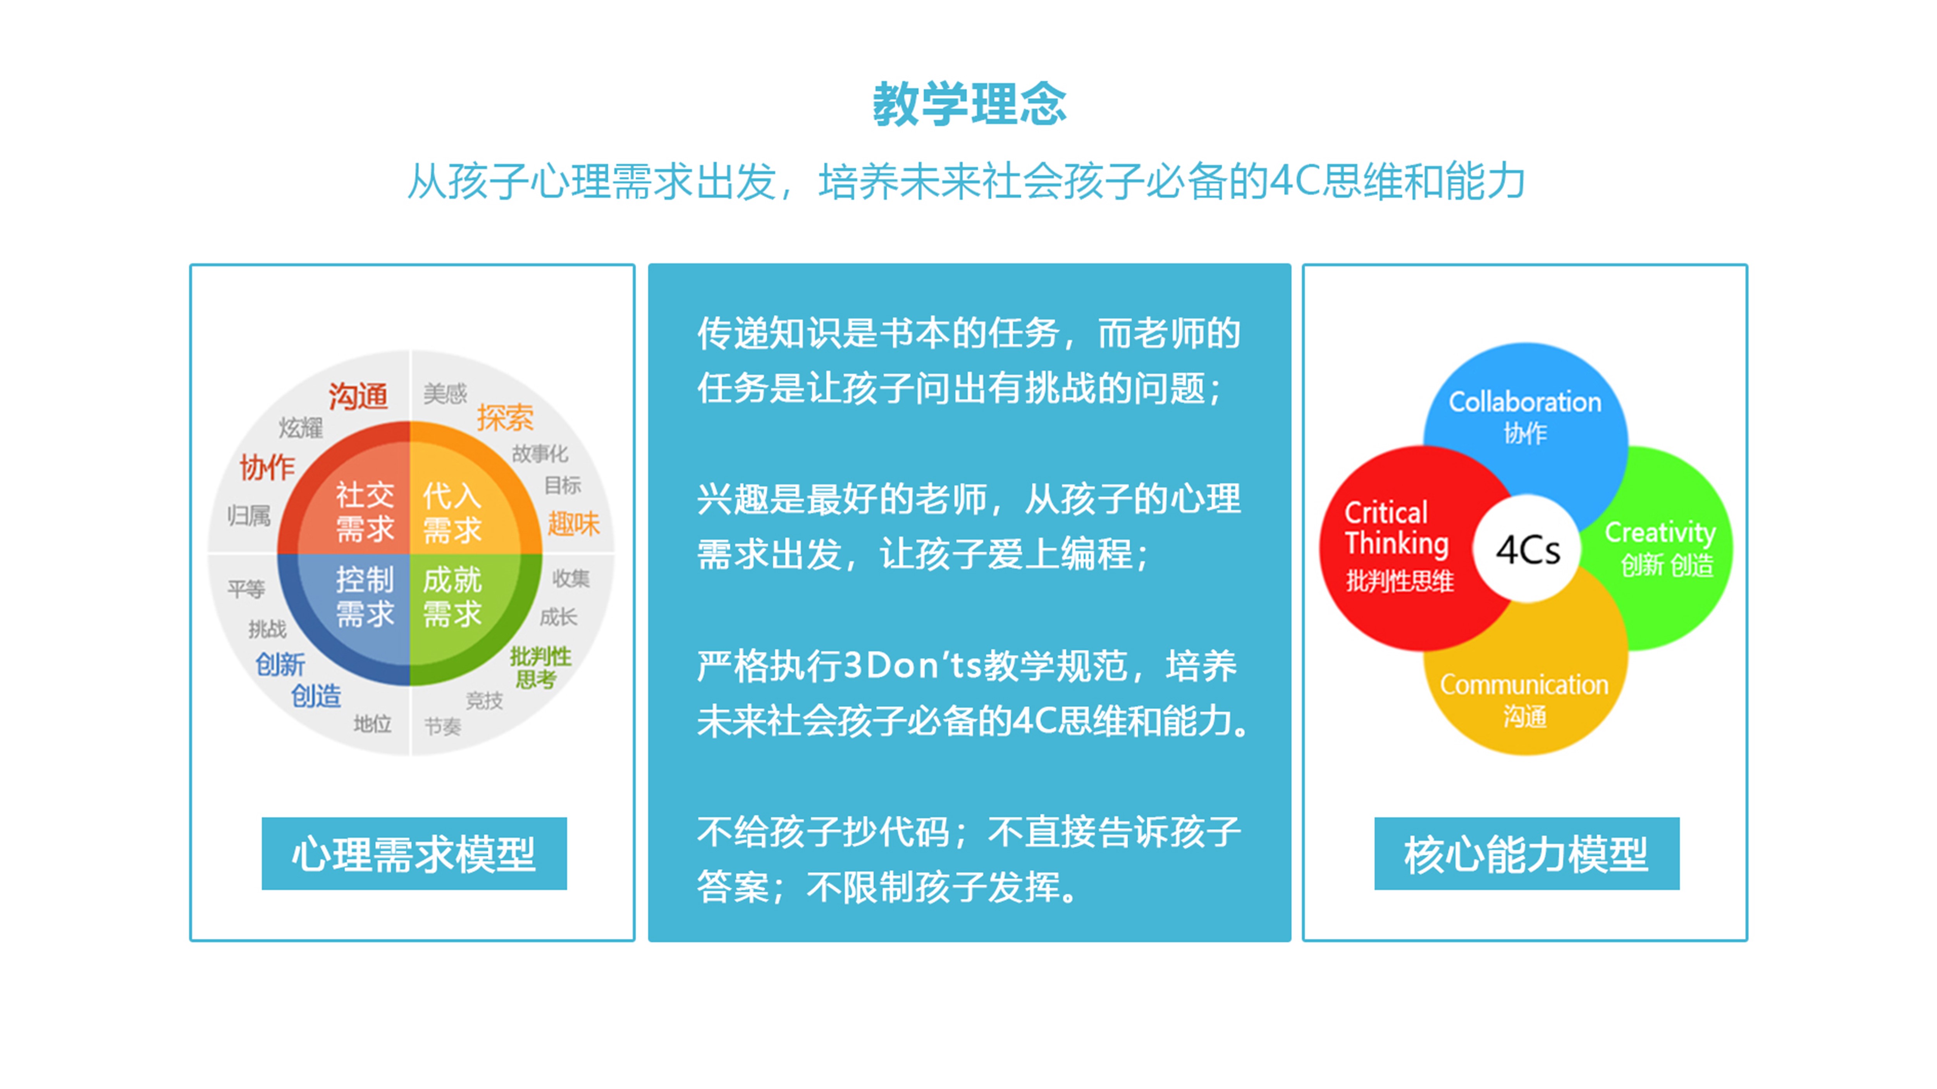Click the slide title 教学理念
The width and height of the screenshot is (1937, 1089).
(x=968, y=105)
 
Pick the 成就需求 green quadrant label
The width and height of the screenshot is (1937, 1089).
(x=452, y=597)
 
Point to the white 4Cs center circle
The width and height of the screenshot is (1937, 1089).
(x=1526, y=550)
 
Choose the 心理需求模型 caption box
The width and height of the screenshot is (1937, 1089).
(x=414, y=854)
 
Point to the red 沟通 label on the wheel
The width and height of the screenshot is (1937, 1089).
(x=358, y=396)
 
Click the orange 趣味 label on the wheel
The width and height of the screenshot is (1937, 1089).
(x=573, y=523)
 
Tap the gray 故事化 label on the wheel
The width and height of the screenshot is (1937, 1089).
(x=540, y=453)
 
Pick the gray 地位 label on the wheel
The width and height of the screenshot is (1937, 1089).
(x=372, y=724)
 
